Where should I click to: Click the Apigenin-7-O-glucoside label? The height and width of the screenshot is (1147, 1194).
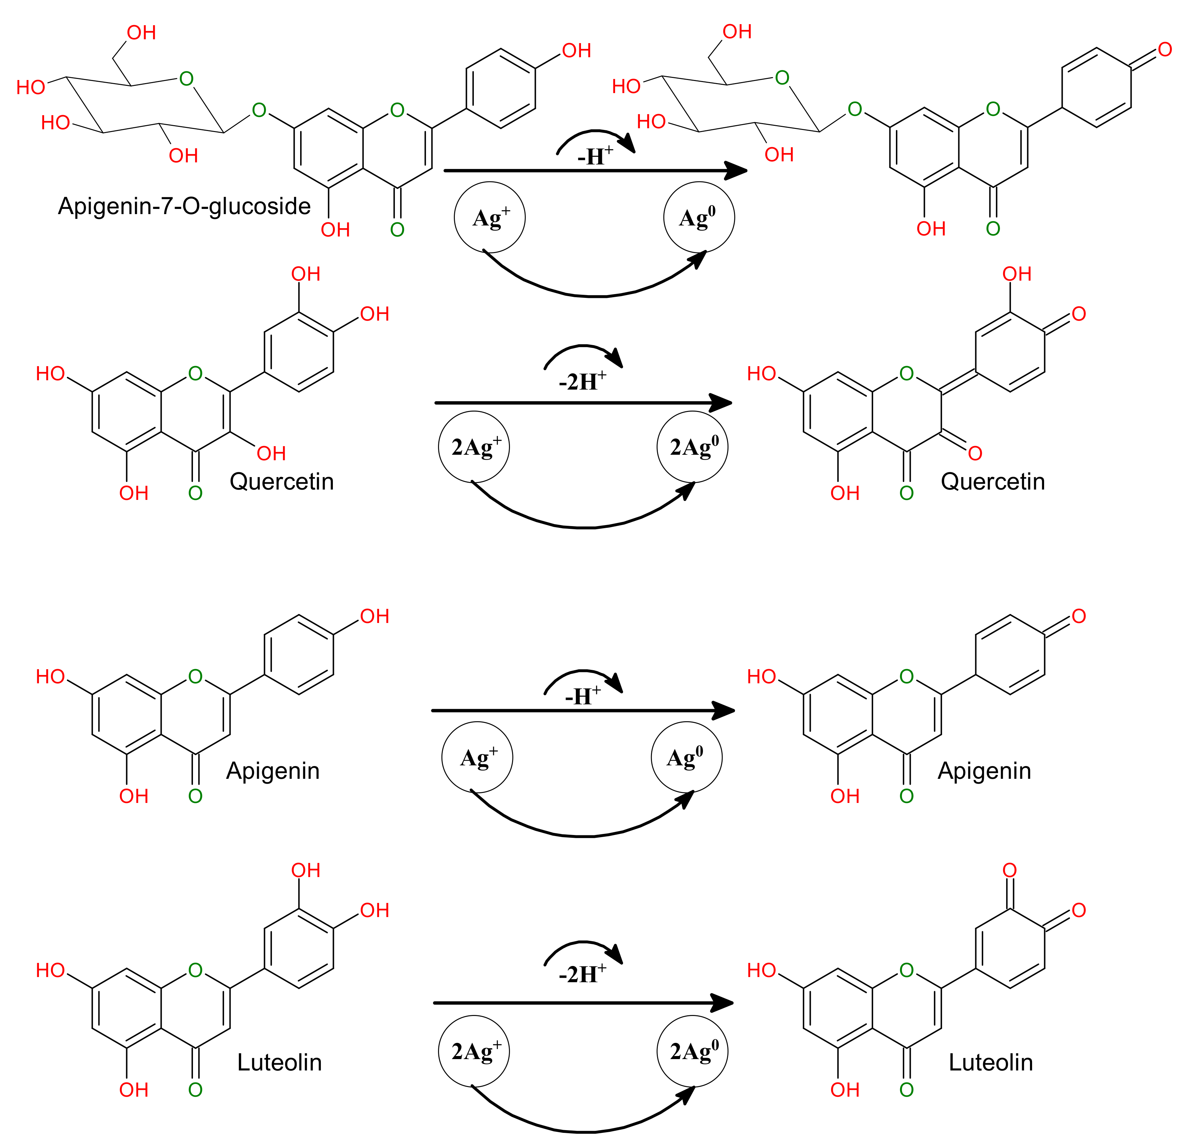(184, 206)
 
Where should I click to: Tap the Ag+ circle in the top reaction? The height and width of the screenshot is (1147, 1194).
(490, 218)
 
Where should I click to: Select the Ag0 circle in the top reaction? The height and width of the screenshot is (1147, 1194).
(699, 218)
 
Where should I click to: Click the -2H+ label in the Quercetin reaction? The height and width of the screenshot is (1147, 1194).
(582, 382)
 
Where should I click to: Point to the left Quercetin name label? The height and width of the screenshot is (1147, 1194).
(282, 482)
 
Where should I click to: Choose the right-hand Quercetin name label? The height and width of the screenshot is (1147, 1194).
(992, 482)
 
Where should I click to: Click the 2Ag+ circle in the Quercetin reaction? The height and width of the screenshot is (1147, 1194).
(474, 447)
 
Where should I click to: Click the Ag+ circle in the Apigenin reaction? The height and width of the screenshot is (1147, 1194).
(477, 757)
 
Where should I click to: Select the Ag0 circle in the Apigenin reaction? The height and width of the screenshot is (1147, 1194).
(686, 757)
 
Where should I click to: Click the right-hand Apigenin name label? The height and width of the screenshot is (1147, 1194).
(984, 771)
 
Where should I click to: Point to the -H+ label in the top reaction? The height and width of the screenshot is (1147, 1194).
(594, 157)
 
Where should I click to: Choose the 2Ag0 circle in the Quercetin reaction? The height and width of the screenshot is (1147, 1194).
(692, 447)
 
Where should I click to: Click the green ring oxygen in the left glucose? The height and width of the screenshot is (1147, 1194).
(186, 79)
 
